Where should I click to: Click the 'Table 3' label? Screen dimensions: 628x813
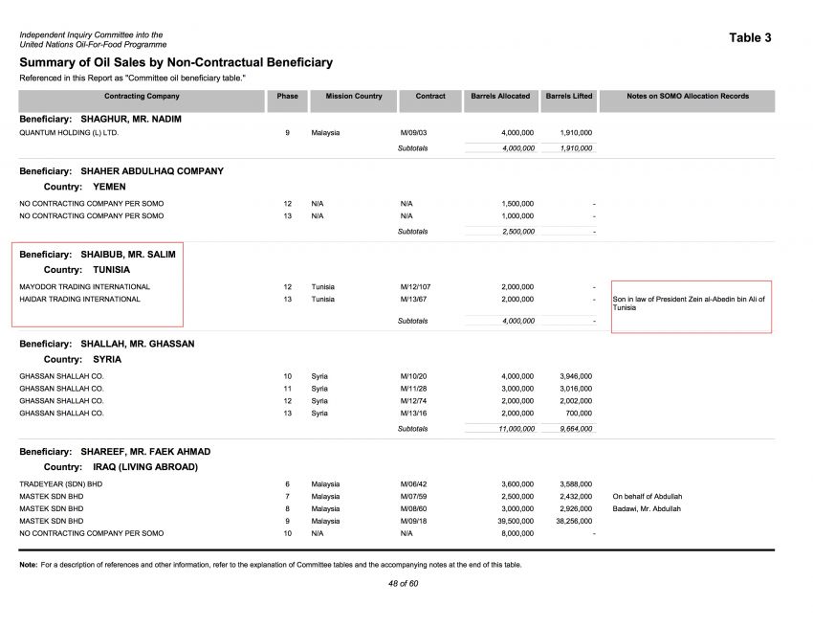pos(750,38)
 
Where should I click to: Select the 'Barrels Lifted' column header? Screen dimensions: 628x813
pos(569,97)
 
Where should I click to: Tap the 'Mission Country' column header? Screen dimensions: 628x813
pos(354,97)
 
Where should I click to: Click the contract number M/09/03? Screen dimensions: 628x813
pos(413,132)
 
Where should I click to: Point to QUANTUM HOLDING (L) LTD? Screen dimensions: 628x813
pos(69,132)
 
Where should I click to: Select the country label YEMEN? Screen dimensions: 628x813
pos(109,187)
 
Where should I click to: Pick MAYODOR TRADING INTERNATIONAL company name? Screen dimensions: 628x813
pos(84,287)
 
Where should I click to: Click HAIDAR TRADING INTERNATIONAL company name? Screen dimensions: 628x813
pos(79,300)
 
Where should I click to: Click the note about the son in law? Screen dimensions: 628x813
pos(689,303)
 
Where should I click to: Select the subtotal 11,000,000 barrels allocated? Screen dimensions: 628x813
pos(516,429)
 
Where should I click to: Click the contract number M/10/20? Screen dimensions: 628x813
pos(413,376)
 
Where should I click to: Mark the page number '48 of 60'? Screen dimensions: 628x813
pos(403,583)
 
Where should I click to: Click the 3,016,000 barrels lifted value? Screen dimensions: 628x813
pos(576,389)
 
